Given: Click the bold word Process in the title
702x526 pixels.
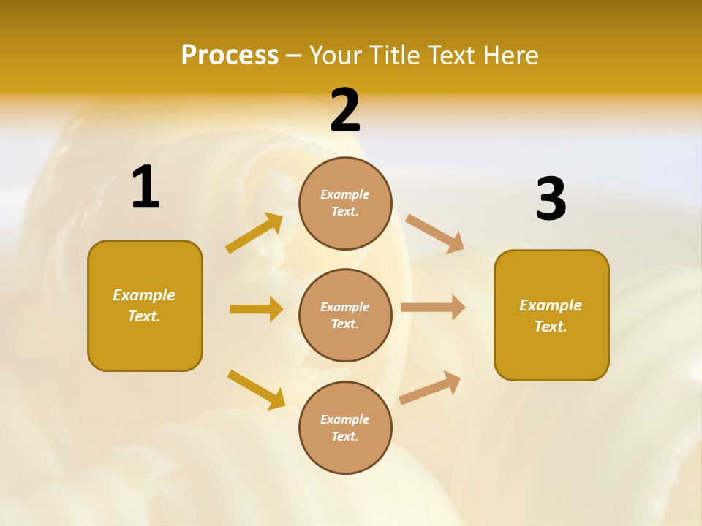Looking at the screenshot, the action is (230, 56).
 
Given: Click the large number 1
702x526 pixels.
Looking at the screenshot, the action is (146, 188).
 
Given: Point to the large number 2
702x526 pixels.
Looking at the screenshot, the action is (345, 110).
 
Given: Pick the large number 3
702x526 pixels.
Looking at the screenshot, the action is (551, 199).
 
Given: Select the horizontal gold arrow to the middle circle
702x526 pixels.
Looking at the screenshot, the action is (256, 309).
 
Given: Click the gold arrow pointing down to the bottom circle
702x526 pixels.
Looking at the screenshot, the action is (256, 389).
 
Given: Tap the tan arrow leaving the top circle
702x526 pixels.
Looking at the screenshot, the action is (435, 234).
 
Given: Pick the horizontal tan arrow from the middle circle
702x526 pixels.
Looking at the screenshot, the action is (433, 308).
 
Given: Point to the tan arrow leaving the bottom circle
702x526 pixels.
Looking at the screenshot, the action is (430, 387).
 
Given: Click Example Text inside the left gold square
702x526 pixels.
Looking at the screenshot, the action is (144, 305).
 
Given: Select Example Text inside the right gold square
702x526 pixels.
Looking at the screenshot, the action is (551, 316).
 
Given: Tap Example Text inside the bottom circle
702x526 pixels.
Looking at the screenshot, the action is (344, 428).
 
